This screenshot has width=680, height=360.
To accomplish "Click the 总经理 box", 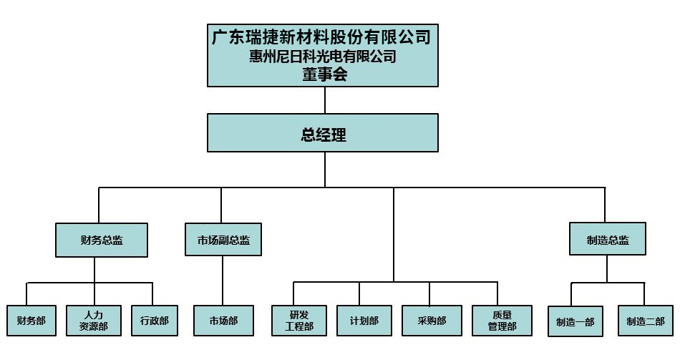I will (323, 133).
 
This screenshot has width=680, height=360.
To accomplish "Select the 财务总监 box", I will (102, 240).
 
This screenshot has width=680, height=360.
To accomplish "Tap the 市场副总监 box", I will (223, 240).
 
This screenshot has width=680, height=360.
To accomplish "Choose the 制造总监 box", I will (607, 240).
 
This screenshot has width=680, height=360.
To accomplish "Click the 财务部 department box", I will (31, 321).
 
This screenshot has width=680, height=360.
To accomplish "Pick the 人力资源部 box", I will (94, 321).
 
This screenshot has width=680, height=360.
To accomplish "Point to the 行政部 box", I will (154, 321).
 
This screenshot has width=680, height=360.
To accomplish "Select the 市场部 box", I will (223, 321).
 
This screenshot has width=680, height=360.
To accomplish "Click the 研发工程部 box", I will (299, 321).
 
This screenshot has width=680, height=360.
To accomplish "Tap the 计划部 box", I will (364, 321).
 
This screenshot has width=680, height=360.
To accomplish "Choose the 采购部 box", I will (432, 321).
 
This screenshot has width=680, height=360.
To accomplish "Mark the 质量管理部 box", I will (501, 321).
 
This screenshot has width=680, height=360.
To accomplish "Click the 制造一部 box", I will (575, 321).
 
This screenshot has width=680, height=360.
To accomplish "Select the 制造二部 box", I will (645, 321).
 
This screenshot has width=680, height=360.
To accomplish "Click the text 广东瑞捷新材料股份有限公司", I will (322, 37).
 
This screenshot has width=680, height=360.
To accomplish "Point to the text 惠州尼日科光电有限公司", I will (323, 57).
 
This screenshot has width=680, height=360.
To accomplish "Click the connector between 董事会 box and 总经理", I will (325, 100).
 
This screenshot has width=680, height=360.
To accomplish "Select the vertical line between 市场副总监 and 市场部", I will (223, 281).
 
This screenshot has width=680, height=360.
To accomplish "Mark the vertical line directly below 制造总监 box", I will (607, 268).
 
